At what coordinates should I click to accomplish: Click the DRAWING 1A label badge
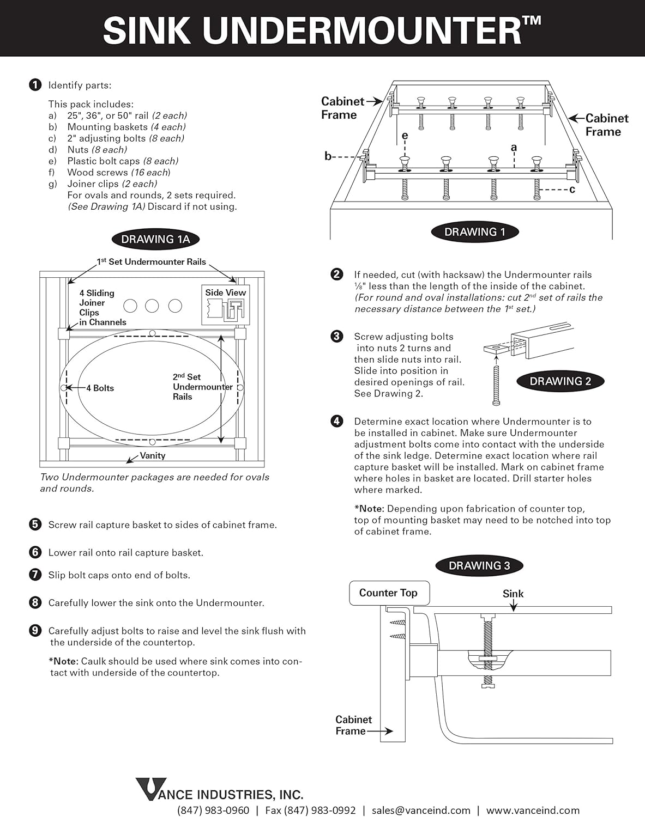(x=155, y=239)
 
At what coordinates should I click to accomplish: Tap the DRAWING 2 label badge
(x=560, y=381)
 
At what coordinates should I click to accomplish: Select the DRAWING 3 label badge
(x=479, y=565)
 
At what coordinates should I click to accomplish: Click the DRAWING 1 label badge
(x=474, y=231)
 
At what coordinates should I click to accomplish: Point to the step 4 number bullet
(x=337, y=421)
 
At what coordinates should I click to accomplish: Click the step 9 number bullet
(x=35, y=631)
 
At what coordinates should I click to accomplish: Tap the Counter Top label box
(x=388, y=593)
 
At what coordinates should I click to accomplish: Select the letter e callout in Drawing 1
(x=405, y=136)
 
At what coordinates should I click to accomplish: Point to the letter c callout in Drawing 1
(x=572, y=190)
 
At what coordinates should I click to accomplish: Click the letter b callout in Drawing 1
(x=328, y=156)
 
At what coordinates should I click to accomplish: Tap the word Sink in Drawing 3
(x=513, y=594)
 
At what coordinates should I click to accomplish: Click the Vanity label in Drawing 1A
(x=153, y=455)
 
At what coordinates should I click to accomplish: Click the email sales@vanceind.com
(x=421, y=810)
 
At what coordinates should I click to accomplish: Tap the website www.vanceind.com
(x=533, y=810)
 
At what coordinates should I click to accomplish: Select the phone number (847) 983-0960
(x=213, y=810)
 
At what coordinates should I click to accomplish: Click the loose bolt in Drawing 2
(x=496, y=385)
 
